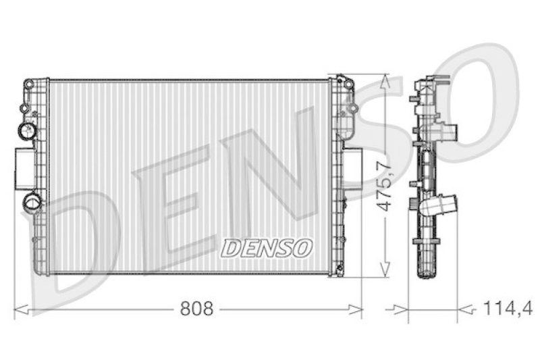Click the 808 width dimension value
point(196,309)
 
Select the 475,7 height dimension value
point(384,186)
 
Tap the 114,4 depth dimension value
point(508,308)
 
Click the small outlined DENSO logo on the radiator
point(266,248)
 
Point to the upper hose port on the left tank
point(26,130)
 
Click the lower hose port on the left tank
point(32,202)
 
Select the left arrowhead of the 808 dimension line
point(21,309)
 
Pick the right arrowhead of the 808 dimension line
point(355,309)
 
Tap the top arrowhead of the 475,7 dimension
point(385,81)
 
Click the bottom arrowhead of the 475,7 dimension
point(385,269)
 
